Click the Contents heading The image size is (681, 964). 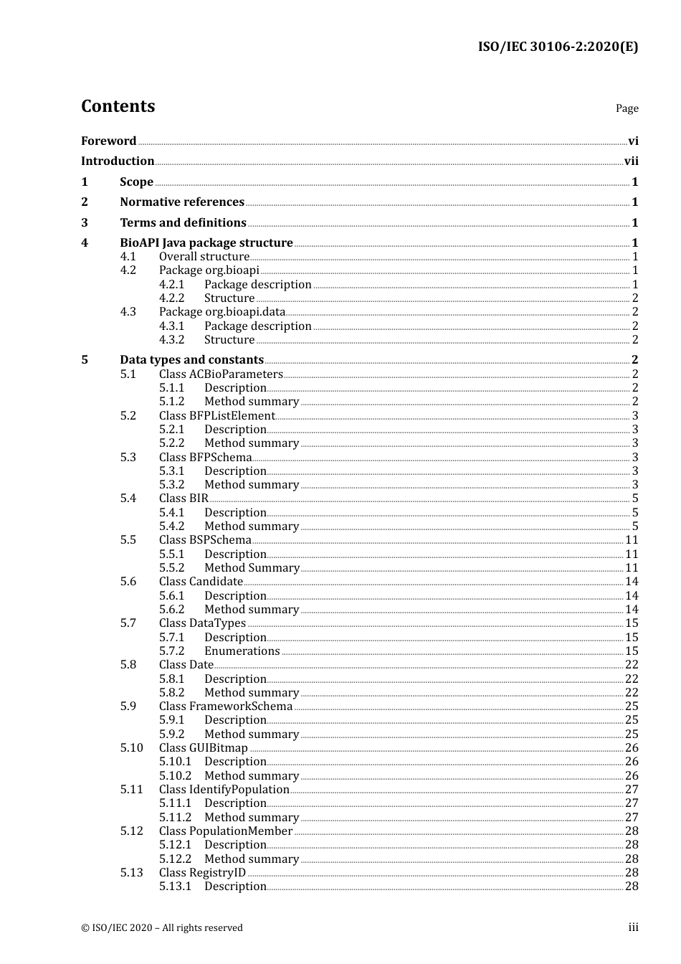click(x=118, y=106)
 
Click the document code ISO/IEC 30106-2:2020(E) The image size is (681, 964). click(x=558, y=47)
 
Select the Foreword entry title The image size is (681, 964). click(x=108, y=141)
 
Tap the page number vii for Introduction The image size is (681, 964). click(x=631, y=161)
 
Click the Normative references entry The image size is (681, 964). click(x=182, y=202)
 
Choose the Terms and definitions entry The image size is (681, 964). click(x=183, y=223)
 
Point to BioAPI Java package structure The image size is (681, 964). click(x=206, y=243)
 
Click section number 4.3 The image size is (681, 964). click(x=128, y=312)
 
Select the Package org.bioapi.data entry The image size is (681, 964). click(x=222, y=312)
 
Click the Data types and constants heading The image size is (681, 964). click(x=191, y=360)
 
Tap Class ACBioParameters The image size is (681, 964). click(x=221, y=374)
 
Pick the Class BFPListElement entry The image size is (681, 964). click(x=216, y=416)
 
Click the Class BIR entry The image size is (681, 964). click(x=184, y=498)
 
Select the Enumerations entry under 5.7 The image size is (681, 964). click(x=242, y=651)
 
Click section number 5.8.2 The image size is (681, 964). click(x=172, y=693)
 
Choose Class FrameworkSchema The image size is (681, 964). click(x=226, y=707)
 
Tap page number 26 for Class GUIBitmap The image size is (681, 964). click(x=632, y=748)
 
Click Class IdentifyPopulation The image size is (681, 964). click(x=224, y=790)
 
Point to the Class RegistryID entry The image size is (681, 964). click(x=202, y=873)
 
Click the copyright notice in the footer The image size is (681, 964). click(x=162, y=928)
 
